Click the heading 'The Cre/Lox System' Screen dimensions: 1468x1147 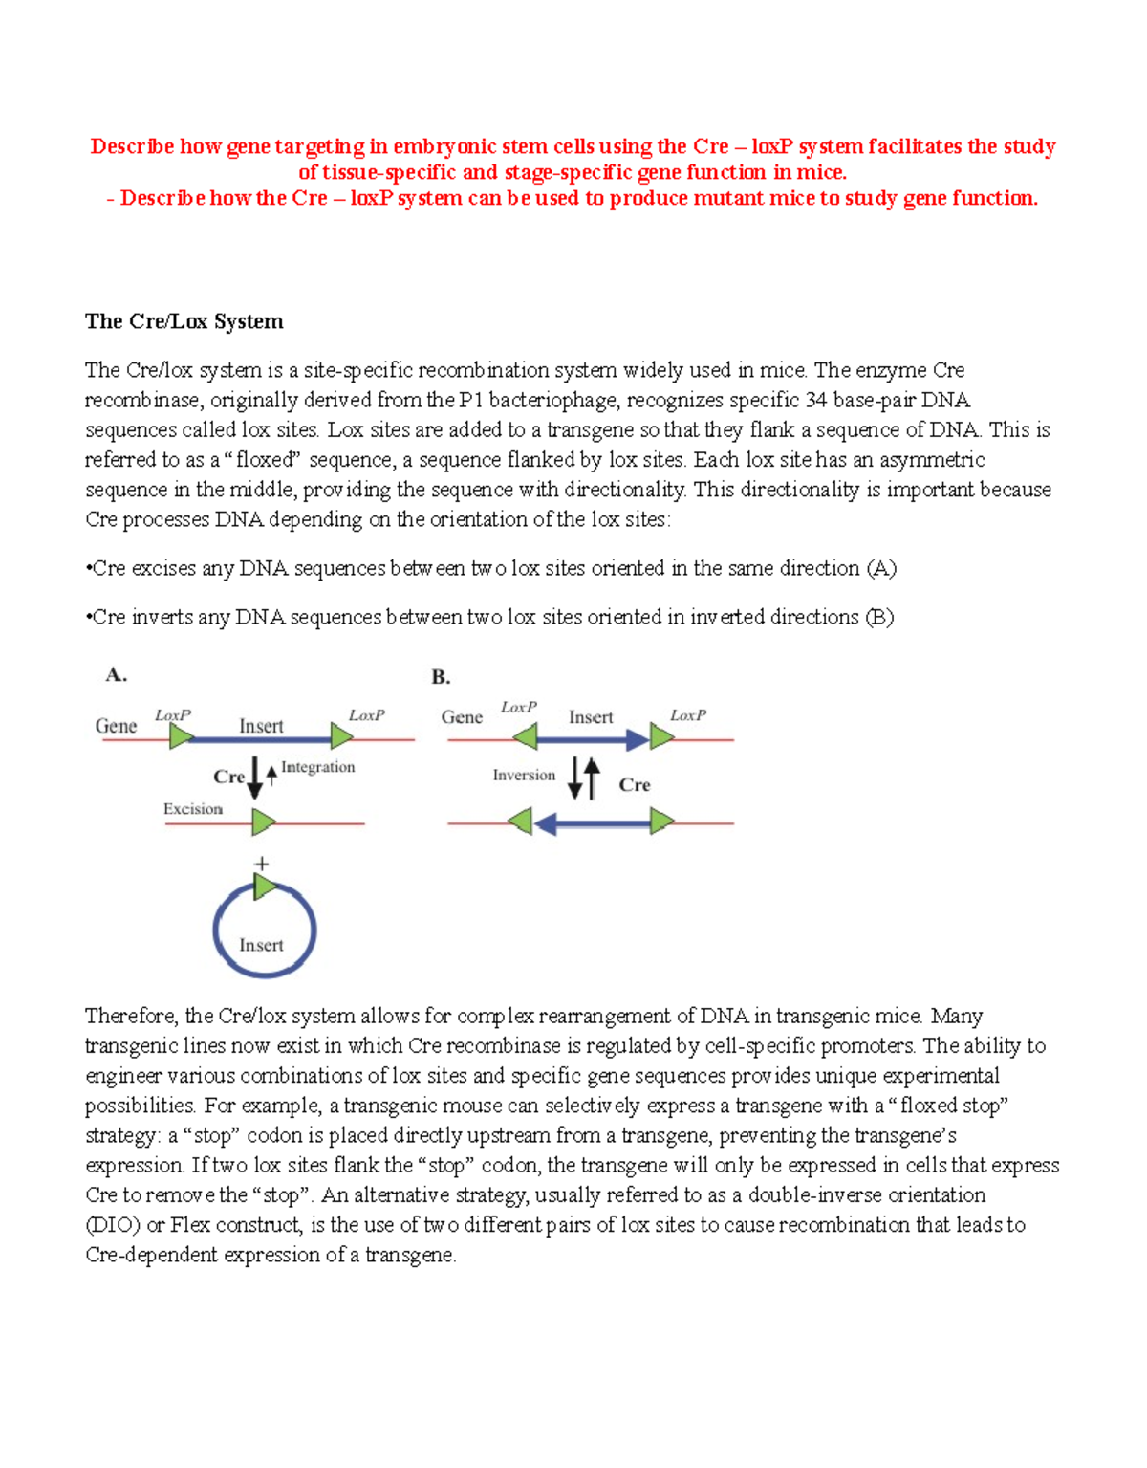[184, 321]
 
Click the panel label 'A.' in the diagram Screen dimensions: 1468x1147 [116, 675]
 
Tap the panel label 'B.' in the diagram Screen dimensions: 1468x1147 [441, 677]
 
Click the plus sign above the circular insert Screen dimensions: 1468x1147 [262, 864]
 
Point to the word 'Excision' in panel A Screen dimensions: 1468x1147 [192, 809]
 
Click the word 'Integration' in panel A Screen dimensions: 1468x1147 [317, 767]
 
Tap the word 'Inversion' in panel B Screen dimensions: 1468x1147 [524, 776]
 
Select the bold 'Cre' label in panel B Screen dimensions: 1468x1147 [634, 785]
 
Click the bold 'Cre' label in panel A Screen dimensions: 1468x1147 [228, 777]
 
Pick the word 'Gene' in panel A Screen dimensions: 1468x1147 [116, 726]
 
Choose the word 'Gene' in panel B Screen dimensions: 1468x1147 [462, 717]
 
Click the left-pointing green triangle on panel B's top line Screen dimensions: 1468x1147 [525, 736]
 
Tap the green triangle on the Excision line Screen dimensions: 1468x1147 [264, 822]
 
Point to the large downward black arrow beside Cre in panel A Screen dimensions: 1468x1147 [254, 777]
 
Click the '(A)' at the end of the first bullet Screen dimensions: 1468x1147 [881, 569]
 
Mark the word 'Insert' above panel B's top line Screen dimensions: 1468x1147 [591, 717]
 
